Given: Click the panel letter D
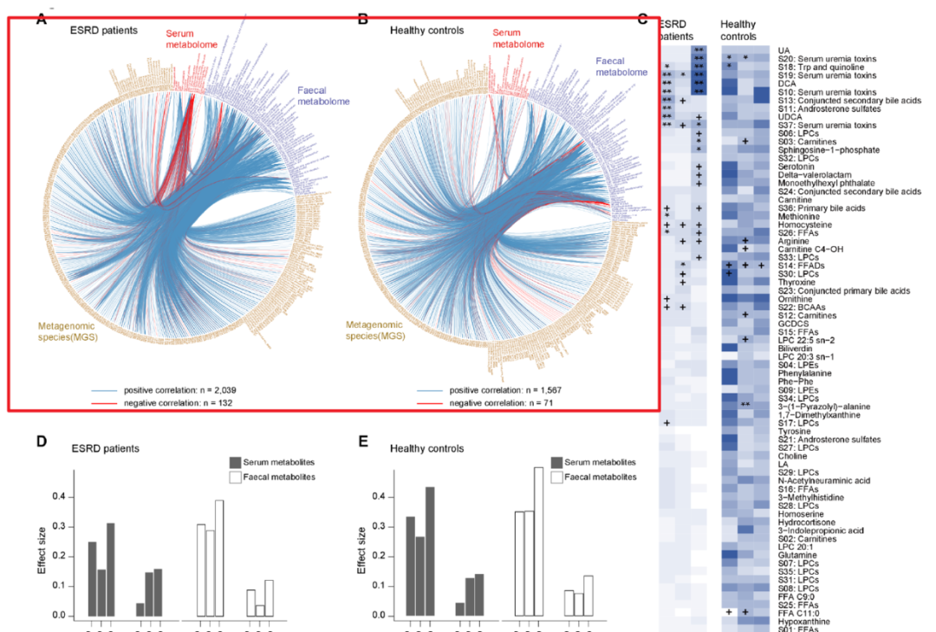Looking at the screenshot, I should [x=41, y=440].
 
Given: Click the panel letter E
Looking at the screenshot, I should [x=363, y=440].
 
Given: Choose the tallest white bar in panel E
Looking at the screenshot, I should [x=538, y=542].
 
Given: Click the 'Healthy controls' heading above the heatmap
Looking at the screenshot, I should [x=738, y=30].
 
